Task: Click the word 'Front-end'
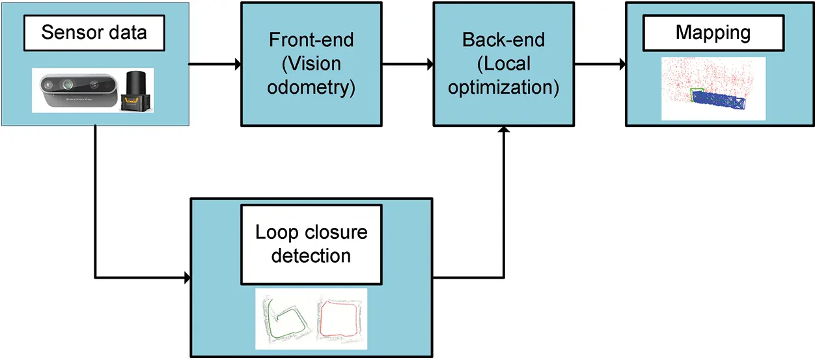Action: (311, 40)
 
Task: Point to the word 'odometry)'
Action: (311, 88)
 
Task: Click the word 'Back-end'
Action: (503, 40)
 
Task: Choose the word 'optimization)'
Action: (503, 88)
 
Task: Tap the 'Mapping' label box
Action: (713, 33)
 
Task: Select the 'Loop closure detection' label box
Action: (311, 243)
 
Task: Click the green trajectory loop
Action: (283, 319)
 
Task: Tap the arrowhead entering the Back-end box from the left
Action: (430, 64)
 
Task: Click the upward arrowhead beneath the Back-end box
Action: (503, 131)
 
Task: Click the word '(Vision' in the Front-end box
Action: (311, 64)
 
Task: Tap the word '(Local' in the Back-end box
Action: (503, 64)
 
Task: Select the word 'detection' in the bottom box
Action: (311, 255)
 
